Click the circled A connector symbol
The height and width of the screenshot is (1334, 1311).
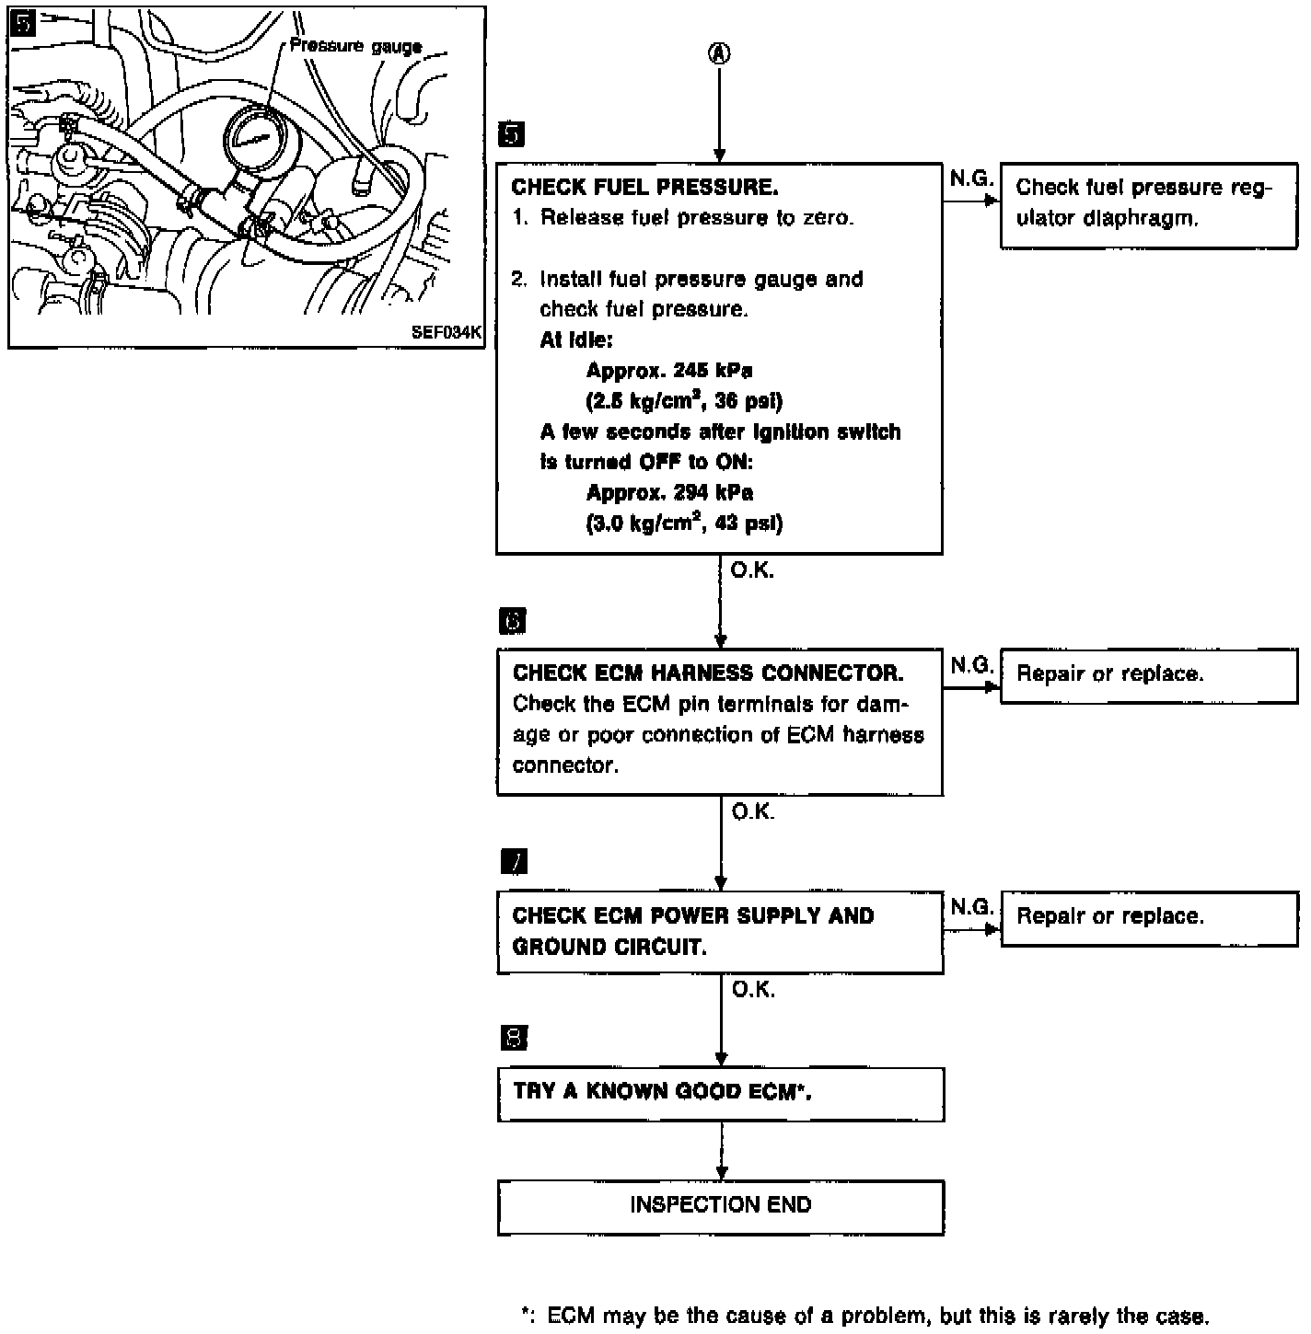coord(719,53)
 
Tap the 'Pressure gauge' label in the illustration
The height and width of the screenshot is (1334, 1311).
coord(355,46)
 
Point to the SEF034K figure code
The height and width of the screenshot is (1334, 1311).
coord(447,333)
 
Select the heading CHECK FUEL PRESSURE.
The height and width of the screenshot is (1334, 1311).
coord(644,187)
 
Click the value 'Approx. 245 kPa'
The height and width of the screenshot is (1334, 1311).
coord(669,371)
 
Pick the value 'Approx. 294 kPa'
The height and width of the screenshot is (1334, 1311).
coord(669,493)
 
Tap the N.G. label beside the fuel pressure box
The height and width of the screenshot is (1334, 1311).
coord(971,178)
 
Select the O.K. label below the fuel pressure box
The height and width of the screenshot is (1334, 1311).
coord(752,571)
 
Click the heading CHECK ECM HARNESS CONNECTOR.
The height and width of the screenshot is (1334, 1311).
coord(708,673)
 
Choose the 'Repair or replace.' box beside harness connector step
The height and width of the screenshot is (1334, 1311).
coord(1149,675)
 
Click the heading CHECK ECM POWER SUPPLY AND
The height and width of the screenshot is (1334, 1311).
coord(692,916)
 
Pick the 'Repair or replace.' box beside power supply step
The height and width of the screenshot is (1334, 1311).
coord(1149,917)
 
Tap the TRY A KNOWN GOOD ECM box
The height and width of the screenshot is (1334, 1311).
coord(721,1094)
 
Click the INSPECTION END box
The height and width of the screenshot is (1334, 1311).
coord(721,1206)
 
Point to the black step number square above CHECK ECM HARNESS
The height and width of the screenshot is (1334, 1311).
coord(512,621)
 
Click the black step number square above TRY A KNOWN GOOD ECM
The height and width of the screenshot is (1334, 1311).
coord(514,1039)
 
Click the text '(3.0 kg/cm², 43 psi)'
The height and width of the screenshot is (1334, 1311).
coord(684,523)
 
